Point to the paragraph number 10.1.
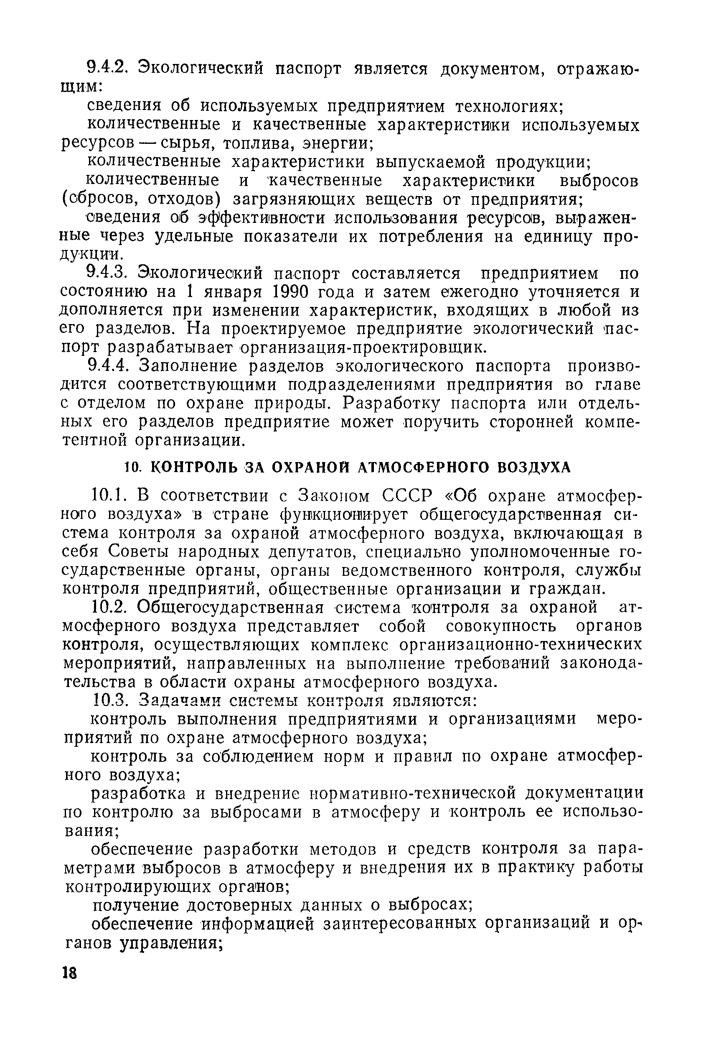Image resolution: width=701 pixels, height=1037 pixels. click(109, 496)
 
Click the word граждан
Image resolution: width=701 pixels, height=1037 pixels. click(567, 589)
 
